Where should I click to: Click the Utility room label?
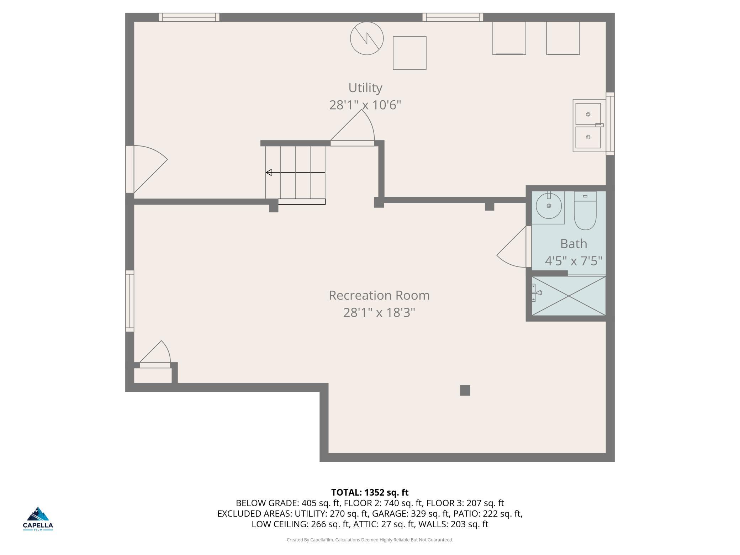coord(365,88)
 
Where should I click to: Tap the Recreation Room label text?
coord(379,295)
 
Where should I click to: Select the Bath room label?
coord(573,244)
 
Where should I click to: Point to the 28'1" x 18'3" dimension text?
coord(379,313)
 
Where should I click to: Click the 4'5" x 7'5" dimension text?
coord(573,261)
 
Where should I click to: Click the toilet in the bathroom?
coord(585,211)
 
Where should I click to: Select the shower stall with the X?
coord(569,296)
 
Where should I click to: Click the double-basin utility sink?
coord(589,126)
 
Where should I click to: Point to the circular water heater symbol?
coord(367,38)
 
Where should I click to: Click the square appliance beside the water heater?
coord(409,53)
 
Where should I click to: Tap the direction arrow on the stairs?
coord(295,173)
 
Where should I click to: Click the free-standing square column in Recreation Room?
coord(465,390)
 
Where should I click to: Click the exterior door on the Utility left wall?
coord(146,169)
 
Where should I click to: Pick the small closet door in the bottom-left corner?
coord(155,354)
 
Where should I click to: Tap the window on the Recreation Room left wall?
coord(130,301)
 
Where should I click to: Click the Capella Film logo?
coord(38,519)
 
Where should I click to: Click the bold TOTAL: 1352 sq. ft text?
coord(370,492)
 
